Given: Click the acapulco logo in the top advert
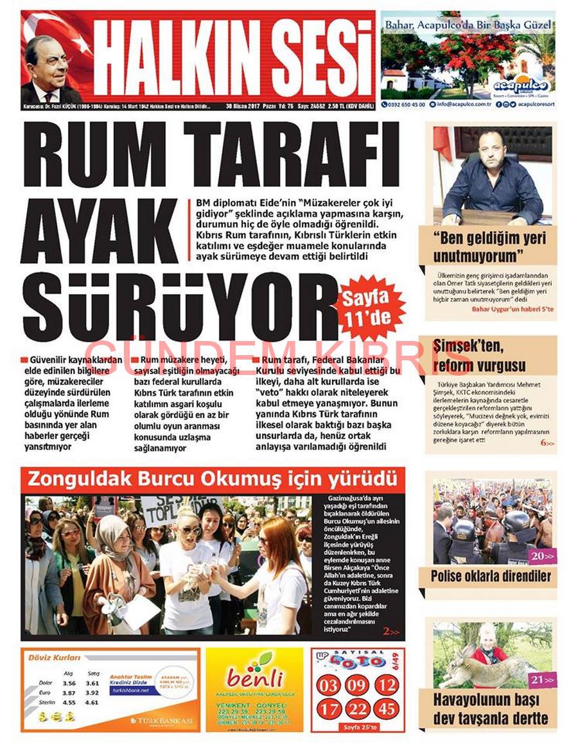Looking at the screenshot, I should click(521, 85).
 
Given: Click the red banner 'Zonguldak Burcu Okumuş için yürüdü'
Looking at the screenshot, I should click(213, 480).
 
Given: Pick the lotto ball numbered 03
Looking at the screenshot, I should click(328, 685).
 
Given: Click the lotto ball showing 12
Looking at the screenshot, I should click(386, 685).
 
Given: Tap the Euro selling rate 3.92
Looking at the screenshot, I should click(92, 693).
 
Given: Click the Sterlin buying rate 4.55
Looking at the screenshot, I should click(69, 703).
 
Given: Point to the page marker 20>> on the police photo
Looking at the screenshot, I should click(541, 556).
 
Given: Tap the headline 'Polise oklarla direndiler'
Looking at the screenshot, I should click(491, 575).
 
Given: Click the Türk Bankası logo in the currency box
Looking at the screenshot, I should click(161, 721).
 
